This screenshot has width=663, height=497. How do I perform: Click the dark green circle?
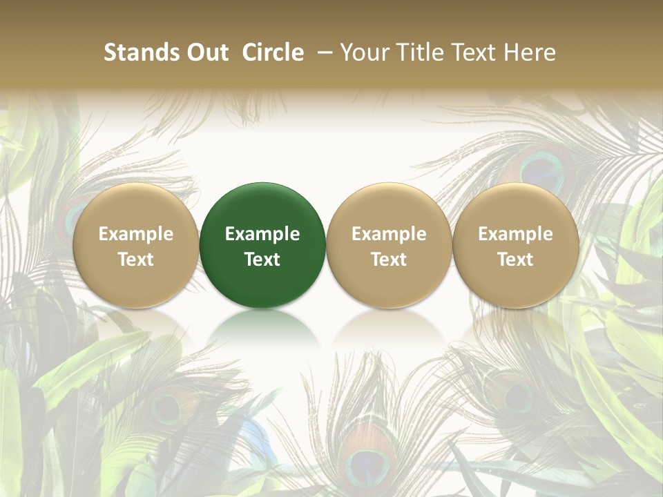(262, 245)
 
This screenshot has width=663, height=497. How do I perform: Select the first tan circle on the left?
(136, 245)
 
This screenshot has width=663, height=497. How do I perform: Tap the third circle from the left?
(389, 245)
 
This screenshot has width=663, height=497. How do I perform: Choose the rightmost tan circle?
(515, 245)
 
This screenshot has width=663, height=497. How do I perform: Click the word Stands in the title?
(140, 52)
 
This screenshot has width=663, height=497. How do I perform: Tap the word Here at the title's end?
(530, 52)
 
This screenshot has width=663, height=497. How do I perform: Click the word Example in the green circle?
(262, 234)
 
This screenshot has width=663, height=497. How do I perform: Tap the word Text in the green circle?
(262, 260)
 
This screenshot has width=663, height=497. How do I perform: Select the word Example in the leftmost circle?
(136, 234)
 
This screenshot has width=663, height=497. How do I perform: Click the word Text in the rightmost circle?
(515, 260)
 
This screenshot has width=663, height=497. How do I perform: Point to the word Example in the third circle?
(389, 234)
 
